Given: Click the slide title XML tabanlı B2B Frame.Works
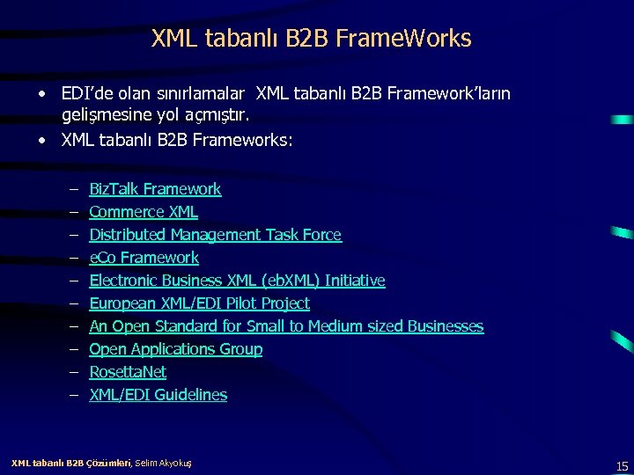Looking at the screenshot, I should pyautogui.click(x=312, y=39).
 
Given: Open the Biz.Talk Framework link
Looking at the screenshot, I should pyautogui.click(x=155, y=189).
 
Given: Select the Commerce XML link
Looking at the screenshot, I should pyautogui.click(x=144, y=212).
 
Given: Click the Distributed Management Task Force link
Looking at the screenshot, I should pyautogui.click(x=215, y=235).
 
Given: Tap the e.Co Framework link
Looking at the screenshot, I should pyautogui.click(x=144, y=258).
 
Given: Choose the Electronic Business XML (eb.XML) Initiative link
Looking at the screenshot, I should pyautogui.click(x=237, y=281).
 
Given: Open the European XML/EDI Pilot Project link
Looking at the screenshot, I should pyautogui.click(x=199, y=303).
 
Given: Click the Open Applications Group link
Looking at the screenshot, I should pyautogui.click(x=175, y=349).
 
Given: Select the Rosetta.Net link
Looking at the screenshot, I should pyautogui.click(x=128, y=372).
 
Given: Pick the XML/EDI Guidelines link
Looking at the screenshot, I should pyautogui.click(x=158, y=395).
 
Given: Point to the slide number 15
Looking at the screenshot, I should pyautogui.click(x=622, y=465).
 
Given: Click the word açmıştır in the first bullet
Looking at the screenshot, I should pyautogui.click(x=224, y=115).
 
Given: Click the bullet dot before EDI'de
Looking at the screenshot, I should pyautogui.click(x=42, y=93).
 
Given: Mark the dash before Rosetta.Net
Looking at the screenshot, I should pyautogui.click(x=70, y=372).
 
